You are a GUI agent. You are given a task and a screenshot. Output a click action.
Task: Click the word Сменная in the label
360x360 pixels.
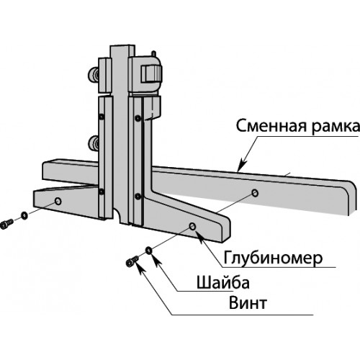[271, 126]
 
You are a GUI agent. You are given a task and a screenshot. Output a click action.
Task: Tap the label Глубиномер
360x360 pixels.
[273, 258]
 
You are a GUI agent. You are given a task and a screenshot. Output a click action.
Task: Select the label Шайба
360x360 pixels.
[223, 282]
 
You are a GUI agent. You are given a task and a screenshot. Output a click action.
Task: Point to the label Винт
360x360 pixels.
[248, 303]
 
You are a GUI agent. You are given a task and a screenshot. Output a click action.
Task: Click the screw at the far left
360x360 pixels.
[6, 225]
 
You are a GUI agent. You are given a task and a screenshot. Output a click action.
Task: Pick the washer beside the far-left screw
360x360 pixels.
[24, 215]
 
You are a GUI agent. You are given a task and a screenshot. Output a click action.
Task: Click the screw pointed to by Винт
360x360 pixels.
[132, 261]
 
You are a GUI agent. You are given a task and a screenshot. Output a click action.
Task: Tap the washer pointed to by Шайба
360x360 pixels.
[148, 251]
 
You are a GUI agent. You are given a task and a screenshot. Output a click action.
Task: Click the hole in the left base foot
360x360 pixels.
[58, 201]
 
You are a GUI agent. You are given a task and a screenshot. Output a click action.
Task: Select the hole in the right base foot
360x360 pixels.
[192, 226]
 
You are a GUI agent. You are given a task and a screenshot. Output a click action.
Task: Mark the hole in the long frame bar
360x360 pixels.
[255, 193]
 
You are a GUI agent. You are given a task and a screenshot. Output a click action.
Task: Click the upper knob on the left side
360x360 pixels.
[94, 74]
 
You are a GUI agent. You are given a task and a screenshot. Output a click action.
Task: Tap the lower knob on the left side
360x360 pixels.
[94, 143]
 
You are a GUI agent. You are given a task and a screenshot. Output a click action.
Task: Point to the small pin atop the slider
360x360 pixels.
[153, 53]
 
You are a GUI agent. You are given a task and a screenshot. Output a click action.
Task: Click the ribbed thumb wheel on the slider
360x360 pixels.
[150, 73]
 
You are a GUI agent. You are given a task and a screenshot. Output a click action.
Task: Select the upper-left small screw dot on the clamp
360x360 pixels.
[102, 117]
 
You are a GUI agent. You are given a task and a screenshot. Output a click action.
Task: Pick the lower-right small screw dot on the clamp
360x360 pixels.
[138, 196]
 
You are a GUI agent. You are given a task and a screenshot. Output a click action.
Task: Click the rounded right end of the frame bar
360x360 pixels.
[351, 197]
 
